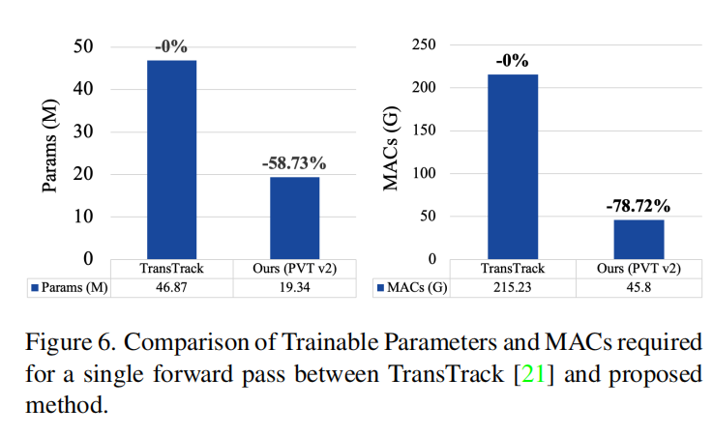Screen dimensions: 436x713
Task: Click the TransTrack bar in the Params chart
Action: (171, 160)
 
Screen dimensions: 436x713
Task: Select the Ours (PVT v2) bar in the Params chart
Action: (294, 218)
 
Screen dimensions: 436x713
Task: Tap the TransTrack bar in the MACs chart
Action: (513, 166)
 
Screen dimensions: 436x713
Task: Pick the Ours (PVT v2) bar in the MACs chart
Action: (638, 240)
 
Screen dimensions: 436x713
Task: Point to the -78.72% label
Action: (638, 205)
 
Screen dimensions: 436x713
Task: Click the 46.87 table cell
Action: (172, 288)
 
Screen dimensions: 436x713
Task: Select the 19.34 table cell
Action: (294, 288)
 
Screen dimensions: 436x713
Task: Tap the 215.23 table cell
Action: (513, 288)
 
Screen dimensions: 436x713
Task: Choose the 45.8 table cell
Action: (638, 288)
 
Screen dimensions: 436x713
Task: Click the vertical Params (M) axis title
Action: (50, 152)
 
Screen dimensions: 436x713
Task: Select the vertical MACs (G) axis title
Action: (392, 152)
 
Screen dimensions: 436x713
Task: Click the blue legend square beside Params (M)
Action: (36, 288)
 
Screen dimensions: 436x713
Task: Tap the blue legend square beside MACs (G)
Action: (378, 288)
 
